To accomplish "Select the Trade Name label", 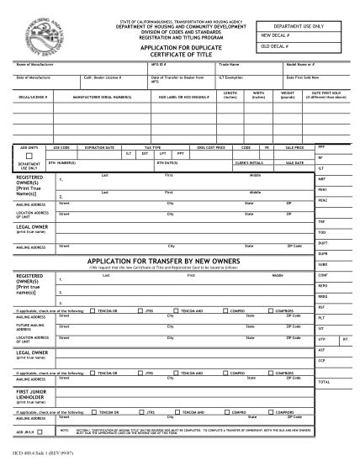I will [229, 64].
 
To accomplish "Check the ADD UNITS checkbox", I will [29, 156].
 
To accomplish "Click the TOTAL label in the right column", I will [323, 381].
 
